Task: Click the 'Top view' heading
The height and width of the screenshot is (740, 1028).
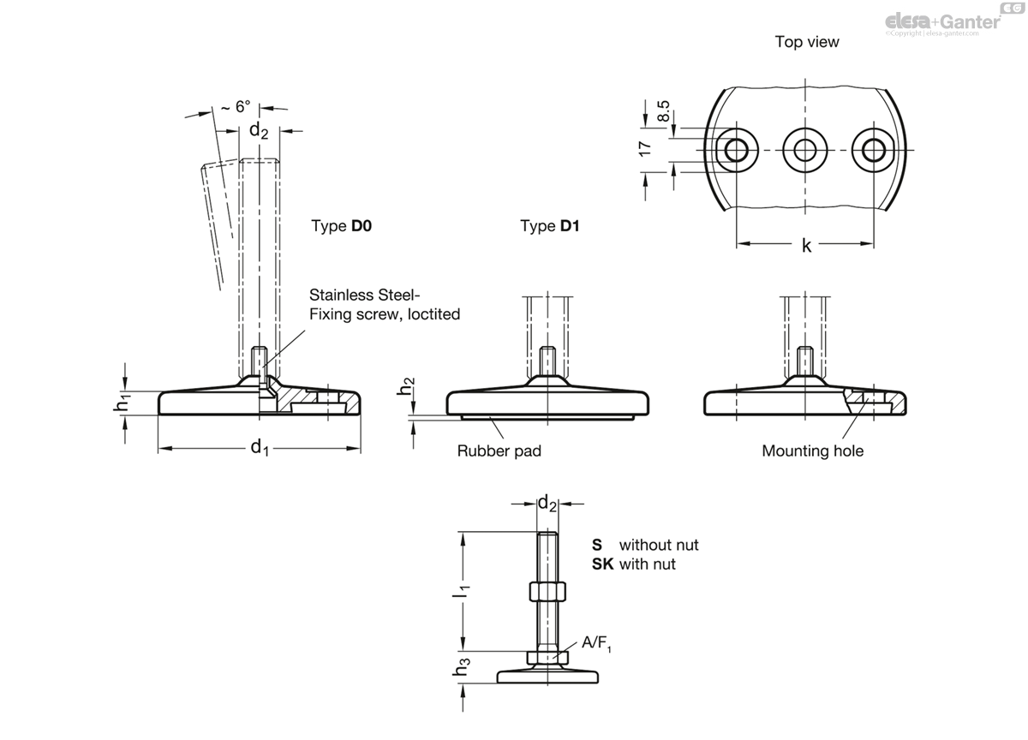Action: coord(807,42)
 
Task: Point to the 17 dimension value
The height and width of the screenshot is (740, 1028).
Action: coord(645,148)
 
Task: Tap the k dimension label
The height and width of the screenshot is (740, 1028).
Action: coord(806,246)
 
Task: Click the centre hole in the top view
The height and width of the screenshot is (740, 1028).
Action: coord(805,150)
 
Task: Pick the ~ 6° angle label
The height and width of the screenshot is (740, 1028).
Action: coord(236,106)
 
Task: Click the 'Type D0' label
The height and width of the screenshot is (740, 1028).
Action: coord(342,226)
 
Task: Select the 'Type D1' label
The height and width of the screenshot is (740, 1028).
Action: coord(549,226)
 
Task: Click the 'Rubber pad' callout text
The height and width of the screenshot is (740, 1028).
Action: coord(499,451)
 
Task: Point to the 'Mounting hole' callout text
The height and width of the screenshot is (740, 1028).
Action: coord(813,451)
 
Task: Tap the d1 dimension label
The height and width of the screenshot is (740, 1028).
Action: coord(260,447)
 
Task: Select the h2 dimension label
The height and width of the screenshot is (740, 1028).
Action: coord(406,386)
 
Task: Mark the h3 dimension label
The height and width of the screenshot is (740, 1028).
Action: coord(461,666)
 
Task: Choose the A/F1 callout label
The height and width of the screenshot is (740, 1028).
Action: coord(596,643)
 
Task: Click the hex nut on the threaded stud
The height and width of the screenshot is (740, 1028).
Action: coord(547,591)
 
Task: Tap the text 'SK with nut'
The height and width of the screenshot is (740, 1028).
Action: coord(633,564)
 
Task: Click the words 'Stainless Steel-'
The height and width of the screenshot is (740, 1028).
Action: coord(364,295)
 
